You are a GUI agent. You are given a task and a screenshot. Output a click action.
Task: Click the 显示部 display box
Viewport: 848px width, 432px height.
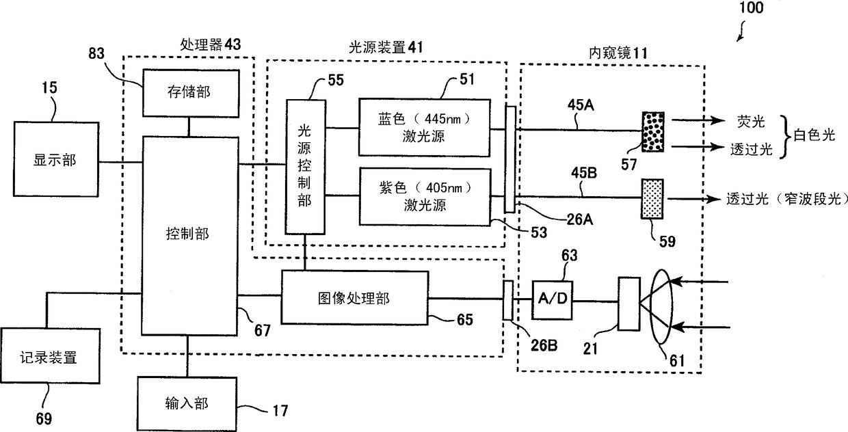coord(56,159)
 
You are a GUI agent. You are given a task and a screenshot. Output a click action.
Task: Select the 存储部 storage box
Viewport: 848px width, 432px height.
coord(191,93)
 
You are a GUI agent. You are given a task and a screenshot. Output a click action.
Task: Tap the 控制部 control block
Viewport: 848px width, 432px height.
coord(189,236)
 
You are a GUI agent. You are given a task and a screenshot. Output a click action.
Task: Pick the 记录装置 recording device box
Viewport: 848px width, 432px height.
coord(51,356)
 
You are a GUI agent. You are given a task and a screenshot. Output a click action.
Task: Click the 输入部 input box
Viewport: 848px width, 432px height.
coord(187,403)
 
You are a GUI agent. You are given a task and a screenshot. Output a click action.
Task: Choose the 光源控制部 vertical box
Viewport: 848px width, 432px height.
coord(305,167)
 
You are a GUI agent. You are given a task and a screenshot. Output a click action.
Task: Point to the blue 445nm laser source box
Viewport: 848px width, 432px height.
coord(425,128)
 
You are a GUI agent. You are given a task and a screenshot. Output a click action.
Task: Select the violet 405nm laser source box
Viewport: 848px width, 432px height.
coord(425,197)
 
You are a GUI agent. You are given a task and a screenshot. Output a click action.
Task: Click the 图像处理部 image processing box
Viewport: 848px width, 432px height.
coord(355,298)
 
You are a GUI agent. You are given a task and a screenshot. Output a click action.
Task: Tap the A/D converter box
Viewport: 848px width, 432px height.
coord(553,300)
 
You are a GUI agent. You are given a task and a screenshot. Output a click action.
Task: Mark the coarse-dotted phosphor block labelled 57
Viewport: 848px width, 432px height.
coord(653,132)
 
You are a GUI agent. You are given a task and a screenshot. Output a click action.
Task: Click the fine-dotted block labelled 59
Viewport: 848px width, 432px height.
coord(652,199)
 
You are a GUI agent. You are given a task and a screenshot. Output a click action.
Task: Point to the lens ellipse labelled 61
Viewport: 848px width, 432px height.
coord(661,306)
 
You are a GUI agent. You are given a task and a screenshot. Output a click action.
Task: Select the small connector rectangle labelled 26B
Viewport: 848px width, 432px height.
coord(508,300)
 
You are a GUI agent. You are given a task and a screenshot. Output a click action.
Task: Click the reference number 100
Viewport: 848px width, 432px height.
coord(752,8)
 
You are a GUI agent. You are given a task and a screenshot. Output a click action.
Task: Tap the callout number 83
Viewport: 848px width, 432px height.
coord(96,53)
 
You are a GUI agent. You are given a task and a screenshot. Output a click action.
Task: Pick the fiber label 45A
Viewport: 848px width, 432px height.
coord(581,105)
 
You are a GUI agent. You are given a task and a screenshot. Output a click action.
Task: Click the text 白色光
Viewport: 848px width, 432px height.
coord(814,135)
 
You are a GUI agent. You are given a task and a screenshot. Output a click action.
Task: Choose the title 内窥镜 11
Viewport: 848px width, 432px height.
coord(618,53)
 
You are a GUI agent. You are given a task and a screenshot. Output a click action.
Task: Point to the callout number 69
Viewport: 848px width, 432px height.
coord(44,419)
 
